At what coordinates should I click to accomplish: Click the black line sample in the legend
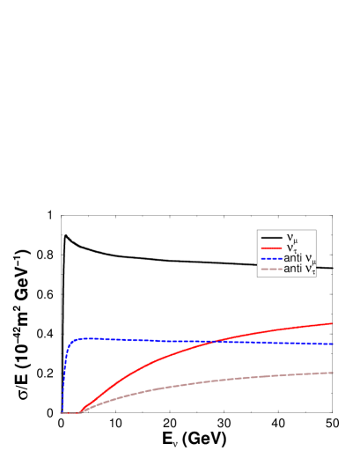pos(270,238)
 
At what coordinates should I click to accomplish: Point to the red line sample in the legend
pos(270,248)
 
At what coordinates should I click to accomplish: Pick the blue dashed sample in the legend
pos(270,259)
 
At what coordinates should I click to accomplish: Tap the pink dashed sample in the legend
pos(270,270)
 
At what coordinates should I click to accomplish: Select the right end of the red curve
pos(333,323)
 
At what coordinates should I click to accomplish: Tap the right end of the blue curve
pos(333,344)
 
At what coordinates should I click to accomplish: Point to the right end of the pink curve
pos(333,372)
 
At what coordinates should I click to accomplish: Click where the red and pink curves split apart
pos(82,411)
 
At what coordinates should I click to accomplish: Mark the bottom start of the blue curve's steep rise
pos(62,411)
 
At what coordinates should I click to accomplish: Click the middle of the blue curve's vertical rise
pos(66,374)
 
